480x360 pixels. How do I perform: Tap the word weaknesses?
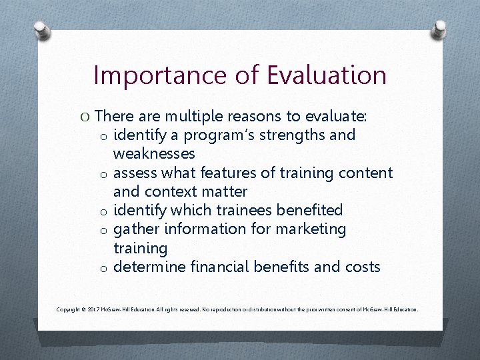[154, 154]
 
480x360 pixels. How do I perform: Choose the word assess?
[136, 173]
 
